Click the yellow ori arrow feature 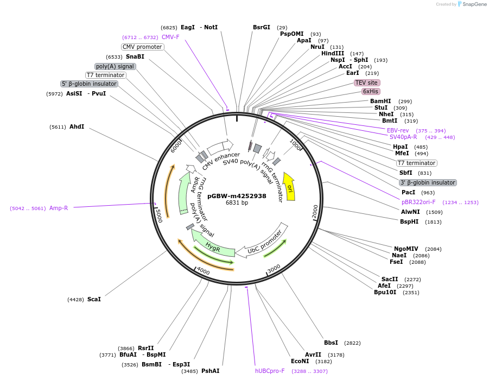tap(290, 188)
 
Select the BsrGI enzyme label tap(261, 27)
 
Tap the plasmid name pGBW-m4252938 tap(237, 196)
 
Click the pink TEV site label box tap(366, 83)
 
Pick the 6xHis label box tap(371, 91)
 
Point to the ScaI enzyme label tap(94, 299)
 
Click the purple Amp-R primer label tap(59, 208)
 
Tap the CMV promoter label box tap(142, 47)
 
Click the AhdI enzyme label tap(77, 126)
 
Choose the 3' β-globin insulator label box tap(428, 182)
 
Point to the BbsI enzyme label tap(331, 343)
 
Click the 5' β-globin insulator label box tap(89, 84)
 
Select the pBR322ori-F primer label tap(418, 202)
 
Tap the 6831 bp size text tap(237, 203)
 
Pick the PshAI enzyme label tap(210, 371)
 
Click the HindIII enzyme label tap(333, 53)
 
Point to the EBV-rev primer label tap(398, 130)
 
